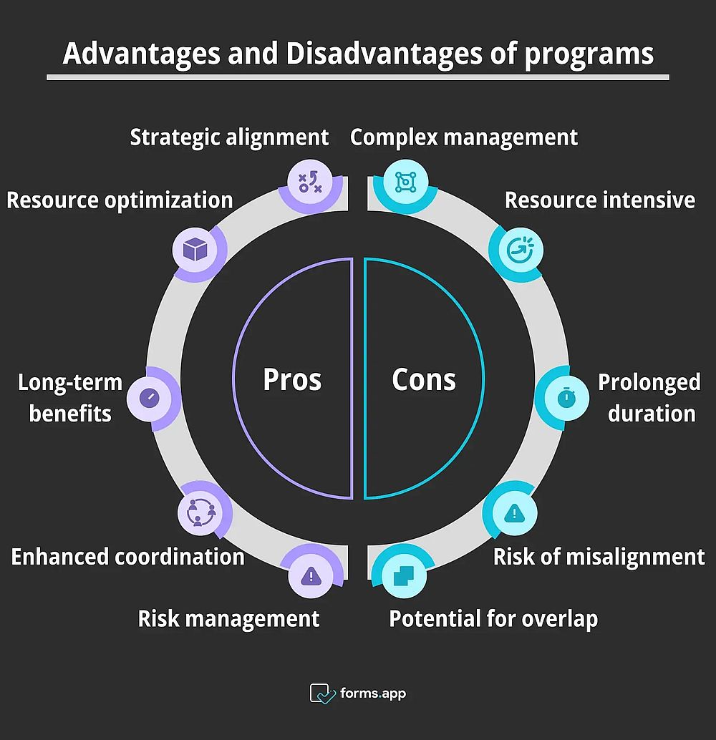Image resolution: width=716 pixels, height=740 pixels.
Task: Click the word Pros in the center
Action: pyautogui.click(x=292, y=379)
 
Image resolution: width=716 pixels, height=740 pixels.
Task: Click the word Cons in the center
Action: pyautogui.click(x=424, y=379)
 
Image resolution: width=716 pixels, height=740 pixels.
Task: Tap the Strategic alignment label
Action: pyautogui.click(x=229, y=138)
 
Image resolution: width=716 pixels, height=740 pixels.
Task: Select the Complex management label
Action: pyautogui.click(x=464, y=138)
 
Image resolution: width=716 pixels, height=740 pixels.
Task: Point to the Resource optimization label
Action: pyautogui.click(x=120, y=200)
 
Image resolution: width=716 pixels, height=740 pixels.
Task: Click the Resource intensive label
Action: pyautogui.click(x=600, y=200)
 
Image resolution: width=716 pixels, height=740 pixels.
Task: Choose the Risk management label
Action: pyautogui.click(x=228, y=619)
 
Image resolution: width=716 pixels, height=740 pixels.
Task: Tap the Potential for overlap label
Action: pyautogui.click(x=493, y=619)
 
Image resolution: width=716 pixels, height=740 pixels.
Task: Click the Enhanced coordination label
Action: pyautogui.click(x=127, y=557)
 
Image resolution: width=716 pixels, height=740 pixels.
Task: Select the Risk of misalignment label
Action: pyautogui.click(x=599, y=557)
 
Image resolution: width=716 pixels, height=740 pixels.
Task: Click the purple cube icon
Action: pyautogui.click(x=195, y=249)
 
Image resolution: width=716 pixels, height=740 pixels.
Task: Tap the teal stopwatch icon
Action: pyautogui.click(x=566, y=397)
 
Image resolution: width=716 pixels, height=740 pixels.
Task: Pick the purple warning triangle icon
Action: pyautogui.click(x=311, y=576)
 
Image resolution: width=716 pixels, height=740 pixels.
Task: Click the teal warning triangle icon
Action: pyautogui.click(x=514, y=512)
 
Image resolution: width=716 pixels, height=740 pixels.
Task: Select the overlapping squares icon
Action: pyautogui.click(x=404, y=576)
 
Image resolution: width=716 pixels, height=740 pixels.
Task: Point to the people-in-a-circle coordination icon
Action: pyautogui.click(x=200, y=512)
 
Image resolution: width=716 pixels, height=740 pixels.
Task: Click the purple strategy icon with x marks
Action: pyautogui.click(x=310, y=182)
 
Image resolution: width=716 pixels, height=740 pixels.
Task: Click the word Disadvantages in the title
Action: pyautogui.click(x=384, y=54)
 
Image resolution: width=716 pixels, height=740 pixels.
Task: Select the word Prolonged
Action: pyautogui.click(x=649, y=383)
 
